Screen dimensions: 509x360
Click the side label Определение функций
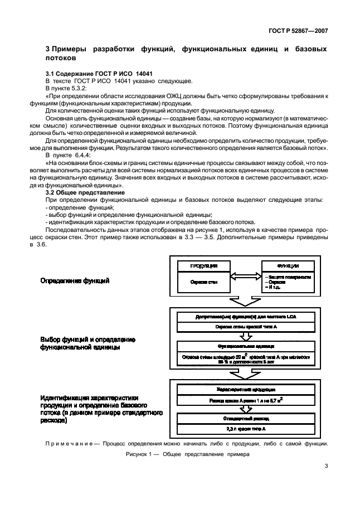75,281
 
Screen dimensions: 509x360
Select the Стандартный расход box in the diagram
245,417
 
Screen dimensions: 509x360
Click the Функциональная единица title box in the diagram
245,345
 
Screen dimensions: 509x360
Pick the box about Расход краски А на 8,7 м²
245,400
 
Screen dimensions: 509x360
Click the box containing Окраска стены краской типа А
245,326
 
